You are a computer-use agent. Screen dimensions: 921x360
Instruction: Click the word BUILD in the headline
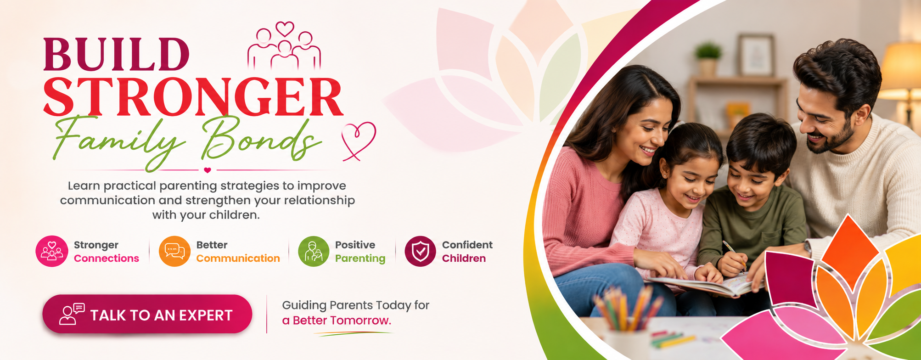coord(116,54)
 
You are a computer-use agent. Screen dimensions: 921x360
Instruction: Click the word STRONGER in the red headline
coord(193,97)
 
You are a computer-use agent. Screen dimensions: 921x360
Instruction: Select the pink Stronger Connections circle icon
coord(52,251)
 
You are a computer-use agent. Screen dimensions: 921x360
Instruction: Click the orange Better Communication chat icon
coord(174,251)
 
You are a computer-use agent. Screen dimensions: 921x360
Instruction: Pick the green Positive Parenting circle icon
coord(314,251)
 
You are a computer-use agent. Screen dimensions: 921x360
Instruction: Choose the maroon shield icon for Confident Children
coord(420,251)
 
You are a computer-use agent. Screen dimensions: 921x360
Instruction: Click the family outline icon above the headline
coord(284,46)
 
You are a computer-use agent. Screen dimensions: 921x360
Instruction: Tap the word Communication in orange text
coord(238,259)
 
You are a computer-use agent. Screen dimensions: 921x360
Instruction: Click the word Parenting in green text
coord(360,259)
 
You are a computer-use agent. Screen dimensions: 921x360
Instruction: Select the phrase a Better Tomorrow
coord(337,321)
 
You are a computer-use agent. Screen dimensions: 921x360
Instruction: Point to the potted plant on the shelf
coord(708,59)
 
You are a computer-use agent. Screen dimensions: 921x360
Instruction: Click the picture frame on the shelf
coord(756,55)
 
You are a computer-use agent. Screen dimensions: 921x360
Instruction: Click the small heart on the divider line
coord(208,170)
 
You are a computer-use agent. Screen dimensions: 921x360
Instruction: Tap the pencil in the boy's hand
coord(734,255)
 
